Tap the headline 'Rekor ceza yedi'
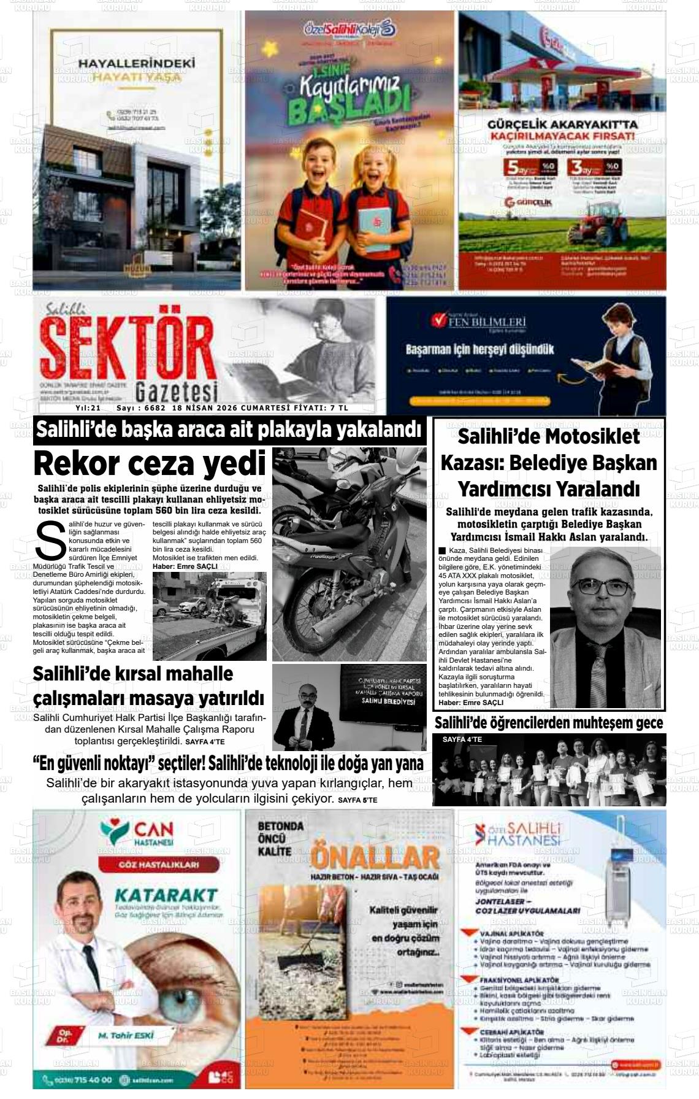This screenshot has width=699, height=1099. coord(150,463)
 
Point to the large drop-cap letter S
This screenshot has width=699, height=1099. coord(51,540)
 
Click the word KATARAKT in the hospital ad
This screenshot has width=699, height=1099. coord(166,895)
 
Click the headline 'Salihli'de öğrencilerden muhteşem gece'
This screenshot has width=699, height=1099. coord(549,723)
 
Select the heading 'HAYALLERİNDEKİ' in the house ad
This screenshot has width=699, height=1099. coord(137,63)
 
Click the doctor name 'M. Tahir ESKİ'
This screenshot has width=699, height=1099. coord(126,1035)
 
